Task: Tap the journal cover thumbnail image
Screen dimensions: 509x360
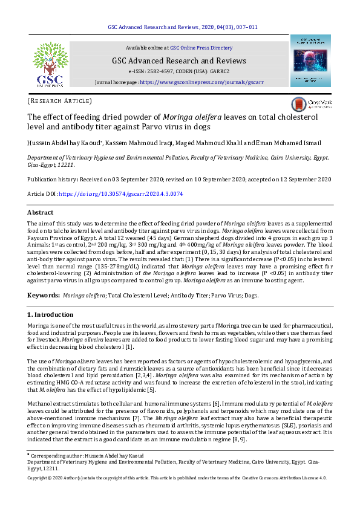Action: click(x=310, y=60)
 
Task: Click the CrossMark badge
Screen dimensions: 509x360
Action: click(x=310, y=104)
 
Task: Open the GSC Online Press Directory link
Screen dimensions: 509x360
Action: click(x=201, y=47)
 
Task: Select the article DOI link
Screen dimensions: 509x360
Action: click(x=120, y=194)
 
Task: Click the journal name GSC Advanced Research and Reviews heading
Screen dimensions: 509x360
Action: click(x=178, y=60)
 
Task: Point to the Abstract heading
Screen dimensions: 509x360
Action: click(x=40, y=213)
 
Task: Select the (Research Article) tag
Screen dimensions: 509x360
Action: click(x=60, y=100)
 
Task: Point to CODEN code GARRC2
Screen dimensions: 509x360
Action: click(x=217, y=71)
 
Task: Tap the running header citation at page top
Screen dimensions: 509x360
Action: click(x=183, y=27)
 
